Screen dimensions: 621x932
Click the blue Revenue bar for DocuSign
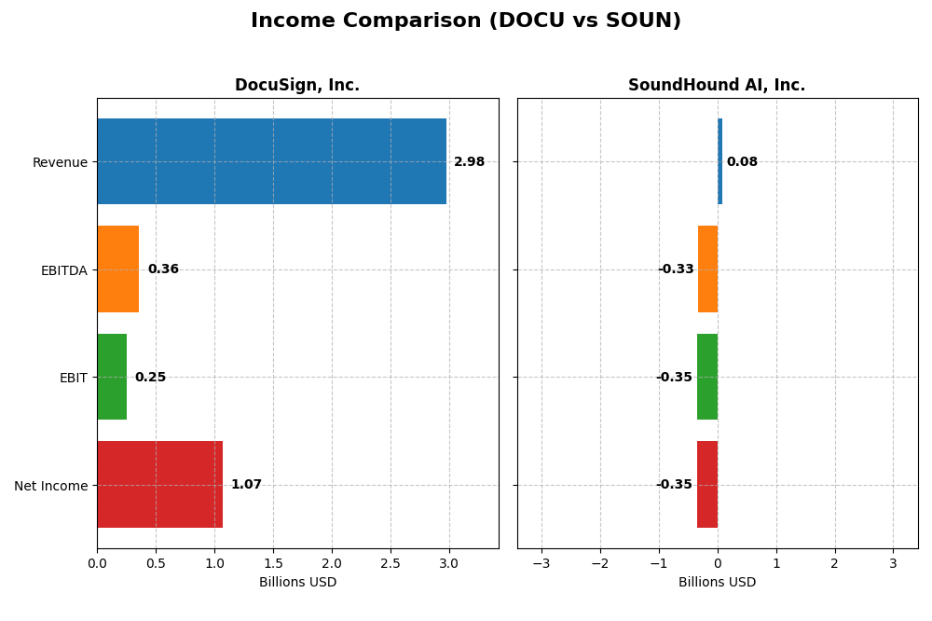pyautogui.click(x=271, y=161)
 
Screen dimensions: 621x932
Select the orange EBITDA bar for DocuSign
pyautogui.click(x=118, y=269)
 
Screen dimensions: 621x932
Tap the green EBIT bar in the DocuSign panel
pyautogui.click(x=112, y=377)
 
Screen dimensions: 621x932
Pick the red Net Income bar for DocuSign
pyautogui.click(x=159, y=485)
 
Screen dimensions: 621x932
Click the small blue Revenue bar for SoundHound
pyautogui.click(x=720, y=161)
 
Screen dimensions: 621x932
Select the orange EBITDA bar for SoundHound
pyautogui.click(x=707, y=269)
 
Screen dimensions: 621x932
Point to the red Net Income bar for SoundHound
pyautogui.click(x=707, y=485)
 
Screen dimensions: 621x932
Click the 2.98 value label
pyautogui.click(x=469, y=162)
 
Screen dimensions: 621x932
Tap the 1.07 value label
pyautogui.click(x=246, y=485)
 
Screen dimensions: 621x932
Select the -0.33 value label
pyautogui.click(x=676, y=269)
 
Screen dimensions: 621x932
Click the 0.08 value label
pyautogui.click(x=742, y=162)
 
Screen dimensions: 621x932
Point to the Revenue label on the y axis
pyautogui.click(x=60, y=162)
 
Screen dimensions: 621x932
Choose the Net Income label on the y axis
pyautogui.click(x=50, y=486)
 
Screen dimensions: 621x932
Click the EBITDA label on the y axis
pyautogui.click(x=63, y=270)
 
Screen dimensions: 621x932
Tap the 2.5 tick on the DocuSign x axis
pyautogui.click(x=391, y=563)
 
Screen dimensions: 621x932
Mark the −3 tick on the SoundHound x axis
pyautogui.click(x=541, y=563)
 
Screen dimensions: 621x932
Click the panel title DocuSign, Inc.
pyautogui.click(x=297, y=86)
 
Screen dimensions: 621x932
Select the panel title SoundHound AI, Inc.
pyautogui.click(x=717, y=86)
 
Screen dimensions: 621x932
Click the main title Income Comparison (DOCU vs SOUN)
pyautogui.click(x=466, y=21)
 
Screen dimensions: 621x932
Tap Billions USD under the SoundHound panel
pyautogui.click(x=717, y=583)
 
